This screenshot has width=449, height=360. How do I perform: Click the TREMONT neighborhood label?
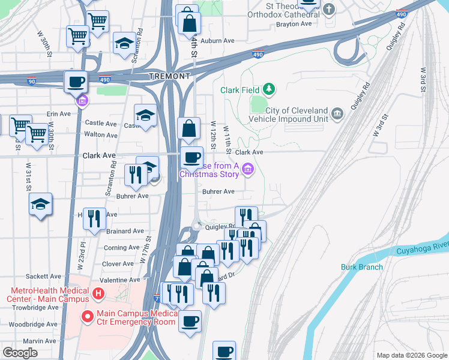tap(170, 76)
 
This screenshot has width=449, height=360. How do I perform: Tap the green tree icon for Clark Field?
tap(270, 89)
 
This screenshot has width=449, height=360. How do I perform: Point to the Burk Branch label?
tap(362, 267)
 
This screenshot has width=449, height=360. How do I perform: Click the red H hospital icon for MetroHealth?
tap(95, 295)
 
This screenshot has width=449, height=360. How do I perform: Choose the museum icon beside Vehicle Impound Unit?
tap(337, 113)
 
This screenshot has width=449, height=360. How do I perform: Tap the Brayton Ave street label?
tap(294, 24)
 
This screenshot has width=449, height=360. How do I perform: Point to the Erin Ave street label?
tap(58, 113)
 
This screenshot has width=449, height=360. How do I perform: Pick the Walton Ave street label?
tap(101, 135)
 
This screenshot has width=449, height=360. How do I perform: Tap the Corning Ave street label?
tap(121, 247)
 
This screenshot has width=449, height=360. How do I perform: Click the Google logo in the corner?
tap(20, 353)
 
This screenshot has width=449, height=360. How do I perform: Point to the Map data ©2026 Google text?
tap(411, 355)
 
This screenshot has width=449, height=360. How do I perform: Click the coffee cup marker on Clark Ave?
tap(191, 157)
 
